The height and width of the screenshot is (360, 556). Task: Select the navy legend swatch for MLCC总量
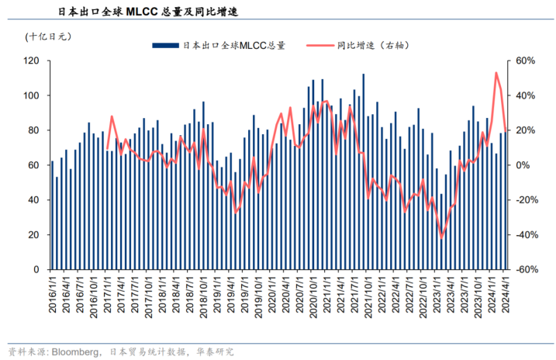point(165,46)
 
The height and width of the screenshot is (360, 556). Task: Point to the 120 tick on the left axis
point(33,61)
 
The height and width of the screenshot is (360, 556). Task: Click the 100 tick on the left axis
point(33,95)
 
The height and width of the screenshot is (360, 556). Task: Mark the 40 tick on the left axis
point(35,200)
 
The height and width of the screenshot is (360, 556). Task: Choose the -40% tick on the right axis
point(527,235)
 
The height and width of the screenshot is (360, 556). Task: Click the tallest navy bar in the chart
point(364,171)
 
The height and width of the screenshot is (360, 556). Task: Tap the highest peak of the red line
point(496,73)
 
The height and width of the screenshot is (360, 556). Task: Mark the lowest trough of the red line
point(442,238)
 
